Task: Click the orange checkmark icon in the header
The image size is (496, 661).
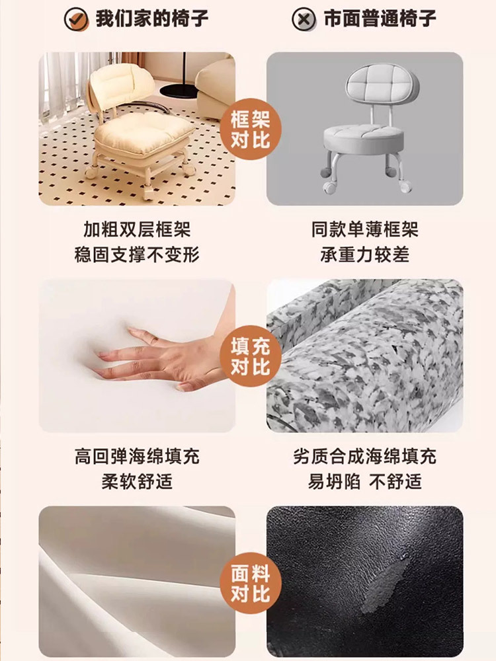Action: pos(76,19)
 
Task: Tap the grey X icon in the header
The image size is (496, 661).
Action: pos(304,19)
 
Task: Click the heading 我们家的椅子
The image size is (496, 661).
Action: pos(152,19)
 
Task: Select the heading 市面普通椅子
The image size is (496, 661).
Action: pos(380,19)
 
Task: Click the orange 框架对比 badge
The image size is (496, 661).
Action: pos(250,129)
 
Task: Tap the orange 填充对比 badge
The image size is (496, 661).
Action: pos(250,356)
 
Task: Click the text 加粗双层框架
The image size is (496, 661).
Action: pos(137,230)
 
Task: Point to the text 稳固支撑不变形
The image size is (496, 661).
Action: pos(137,254)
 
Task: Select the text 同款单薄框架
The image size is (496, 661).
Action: pos(365,230)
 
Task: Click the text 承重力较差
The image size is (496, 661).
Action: pos(365,254)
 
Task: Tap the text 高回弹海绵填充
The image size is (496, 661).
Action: pos(137,457)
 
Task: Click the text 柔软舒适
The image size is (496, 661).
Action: pos(137,481)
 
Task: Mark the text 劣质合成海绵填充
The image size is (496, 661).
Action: pos(365,457)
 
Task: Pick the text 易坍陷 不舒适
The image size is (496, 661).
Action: pos(365,481)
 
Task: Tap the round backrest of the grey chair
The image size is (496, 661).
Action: pos(382,85)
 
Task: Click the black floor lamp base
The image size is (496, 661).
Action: pos(179,90)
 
